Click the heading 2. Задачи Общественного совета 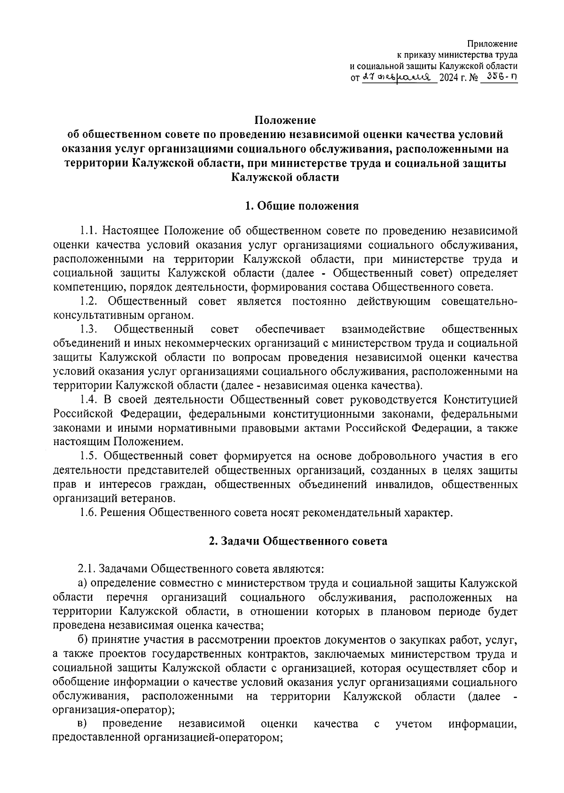[x=298, y=541]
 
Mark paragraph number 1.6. [x=87, y=513]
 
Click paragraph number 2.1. [x=87, y=570]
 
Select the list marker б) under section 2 [x=83, y=640]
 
